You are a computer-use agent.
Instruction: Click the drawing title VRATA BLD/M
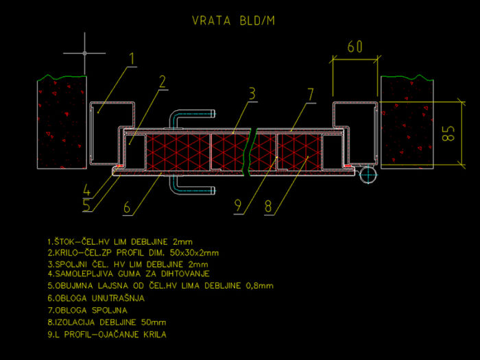[234, 21]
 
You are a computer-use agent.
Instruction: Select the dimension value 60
[355, 47]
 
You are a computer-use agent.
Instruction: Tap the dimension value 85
[448, 134]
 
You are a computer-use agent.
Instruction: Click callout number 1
[132, 58]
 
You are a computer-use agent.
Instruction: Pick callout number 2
[163, 82]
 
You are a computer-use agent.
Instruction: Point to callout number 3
[252, 94]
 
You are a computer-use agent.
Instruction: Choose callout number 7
[311, 95]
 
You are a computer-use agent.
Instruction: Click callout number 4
[86, 190]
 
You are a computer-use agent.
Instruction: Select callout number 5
[87, 205]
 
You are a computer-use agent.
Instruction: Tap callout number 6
[127, 207]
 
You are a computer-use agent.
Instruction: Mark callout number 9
[238, 206]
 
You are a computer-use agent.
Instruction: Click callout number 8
[268, 206]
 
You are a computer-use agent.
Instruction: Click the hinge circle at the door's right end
[368, 176]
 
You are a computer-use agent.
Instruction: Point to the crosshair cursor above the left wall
[84, 53]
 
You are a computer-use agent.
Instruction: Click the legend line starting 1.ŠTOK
[120, 242]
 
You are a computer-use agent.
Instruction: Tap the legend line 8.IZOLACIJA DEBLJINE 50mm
[107, 322]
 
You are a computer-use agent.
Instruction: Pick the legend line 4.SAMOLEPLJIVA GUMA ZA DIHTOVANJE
[129, 274]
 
